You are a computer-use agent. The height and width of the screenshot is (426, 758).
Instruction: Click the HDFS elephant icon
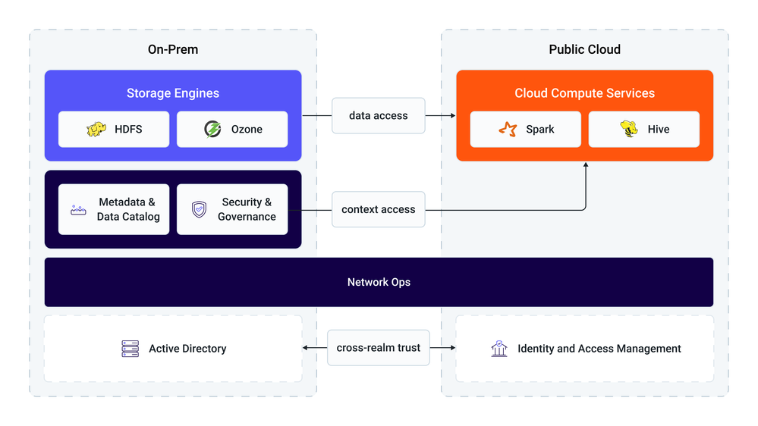[96, 129]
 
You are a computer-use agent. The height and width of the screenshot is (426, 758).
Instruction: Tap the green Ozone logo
[212, 129]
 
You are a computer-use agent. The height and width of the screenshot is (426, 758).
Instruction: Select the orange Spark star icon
[508, 129]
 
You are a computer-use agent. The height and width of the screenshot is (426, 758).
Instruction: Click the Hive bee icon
[629, 128]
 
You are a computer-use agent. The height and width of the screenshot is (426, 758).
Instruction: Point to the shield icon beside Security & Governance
[199, 209]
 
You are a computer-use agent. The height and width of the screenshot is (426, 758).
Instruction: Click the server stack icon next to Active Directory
[130, 349]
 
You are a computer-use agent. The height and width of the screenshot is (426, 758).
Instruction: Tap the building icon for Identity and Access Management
[499, 348]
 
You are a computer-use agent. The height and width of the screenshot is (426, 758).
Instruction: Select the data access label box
[379, 115]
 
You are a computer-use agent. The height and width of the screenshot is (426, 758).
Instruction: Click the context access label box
[379, 209]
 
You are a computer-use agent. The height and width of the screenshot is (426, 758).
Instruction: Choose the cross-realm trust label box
[379, 348]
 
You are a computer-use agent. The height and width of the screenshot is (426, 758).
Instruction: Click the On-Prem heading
[173, 49]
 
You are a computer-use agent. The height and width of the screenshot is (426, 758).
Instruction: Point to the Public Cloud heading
[585, 49]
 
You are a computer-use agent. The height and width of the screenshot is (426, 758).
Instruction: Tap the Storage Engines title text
[173, 93]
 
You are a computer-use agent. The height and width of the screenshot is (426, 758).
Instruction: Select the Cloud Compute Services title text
[585, 93]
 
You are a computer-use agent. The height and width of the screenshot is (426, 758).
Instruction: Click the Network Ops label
[379, 282]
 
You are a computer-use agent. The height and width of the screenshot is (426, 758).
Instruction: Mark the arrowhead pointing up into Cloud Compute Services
[586, 164]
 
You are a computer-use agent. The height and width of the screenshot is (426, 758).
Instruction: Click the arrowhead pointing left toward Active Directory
[306, 348]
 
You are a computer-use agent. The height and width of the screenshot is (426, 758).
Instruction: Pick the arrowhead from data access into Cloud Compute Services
[453, 115]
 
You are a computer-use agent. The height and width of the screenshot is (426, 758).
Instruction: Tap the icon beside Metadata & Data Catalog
[78, 210]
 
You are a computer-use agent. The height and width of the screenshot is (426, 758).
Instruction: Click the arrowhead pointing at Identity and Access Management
[452, 348]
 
